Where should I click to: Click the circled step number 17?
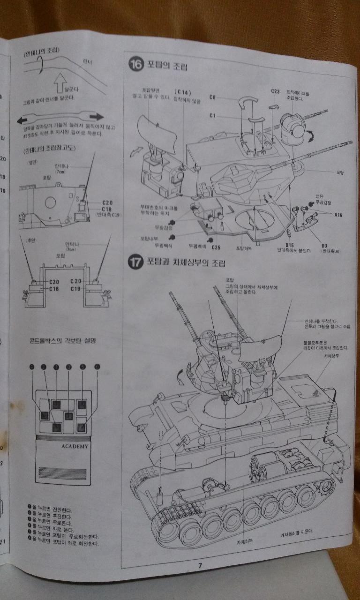135,262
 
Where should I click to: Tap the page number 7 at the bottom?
200,565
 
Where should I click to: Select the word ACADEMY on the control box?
75,446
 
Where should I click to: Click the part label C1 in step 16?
212,115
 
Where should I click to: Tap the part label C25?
216,247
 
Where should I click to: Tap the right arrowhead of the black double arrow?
97,116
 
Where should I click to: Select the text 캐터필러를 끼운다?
297,532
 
